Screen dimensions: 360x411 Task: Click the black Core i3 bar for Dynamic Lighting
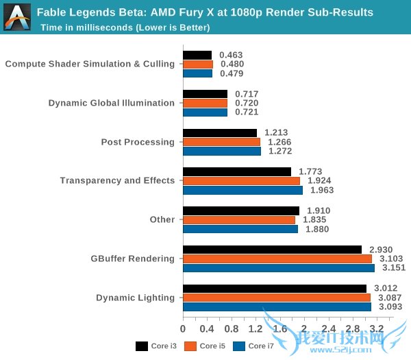[274, 289]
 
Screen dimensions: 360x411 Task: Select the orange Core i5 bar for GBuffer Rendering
[277, 259]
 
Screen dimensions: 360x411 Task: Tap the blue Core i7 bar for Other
[240, 229]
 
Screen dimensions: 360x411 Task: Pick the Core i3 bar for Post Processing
[219, 133]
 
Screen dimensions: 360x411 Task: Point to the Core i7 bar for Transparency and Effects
[242, 190]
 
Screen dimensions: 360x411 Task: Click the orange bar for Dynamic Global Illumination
[205, 103]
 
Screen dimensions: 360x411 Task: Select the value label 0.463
[231, 55]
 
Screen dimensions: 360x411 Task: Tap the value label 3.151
[395, 268]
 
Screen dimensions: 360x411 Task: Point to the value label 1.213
[276, 132]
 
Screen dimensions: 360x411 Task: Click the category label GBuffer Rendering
[132, 259]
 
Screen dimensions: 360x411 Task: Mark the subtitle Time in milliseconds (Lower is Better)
[125, 27]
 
